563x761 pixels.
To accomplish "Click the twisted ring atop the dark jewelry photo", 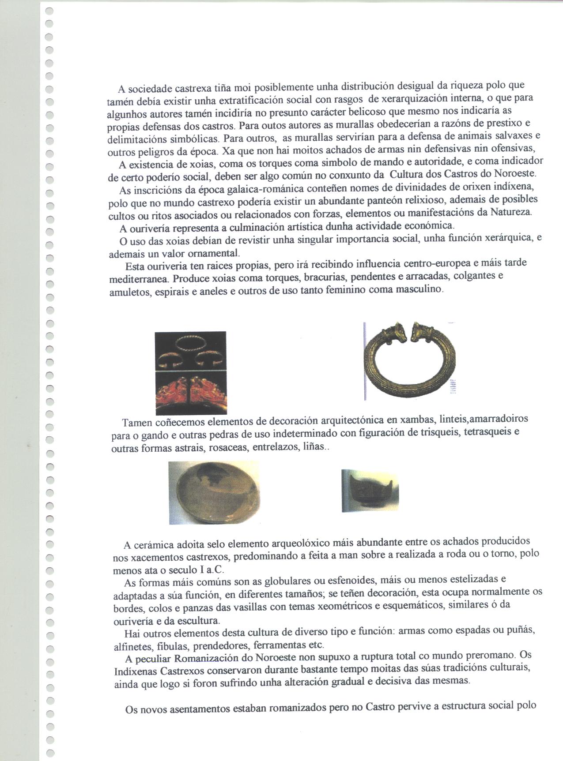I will pyautogui.click(x=190, y=342).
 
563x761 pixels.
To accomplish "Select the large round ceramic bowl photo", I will pyautogui.click(x=214, y=493).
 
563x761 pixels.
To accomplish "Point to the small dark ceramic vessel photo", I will pyautogui.click(x=370, y=491).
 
